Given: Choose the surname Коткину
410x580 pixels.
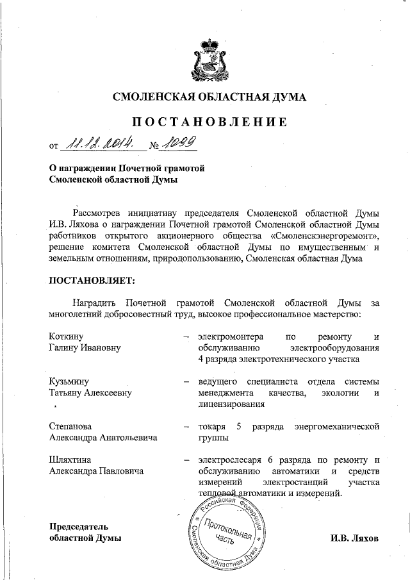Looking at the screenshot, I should [67, 337].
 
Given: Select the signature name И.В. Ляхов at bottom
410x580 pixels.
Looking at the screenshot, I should [355, 538].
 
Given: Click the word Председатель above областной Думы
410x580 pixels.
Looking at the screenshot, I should [83, 527].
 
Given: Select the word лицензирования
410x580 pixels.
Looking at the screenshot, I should [231, 404].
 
